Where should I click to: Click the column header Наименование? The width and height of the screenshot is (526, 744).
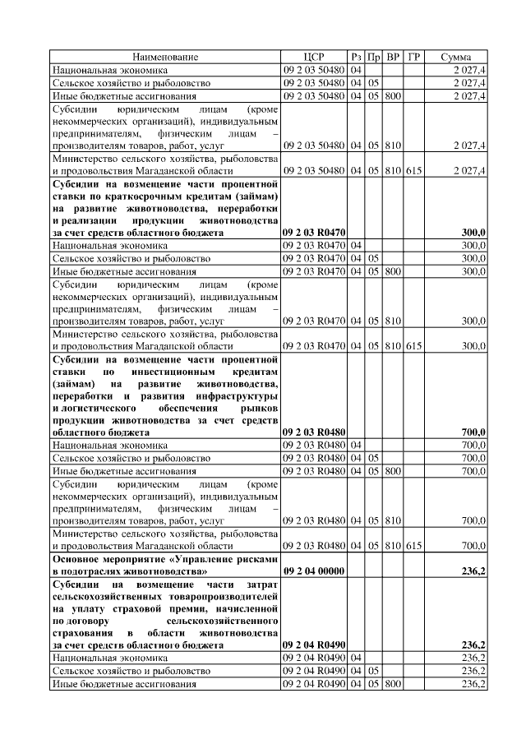coord(165,57)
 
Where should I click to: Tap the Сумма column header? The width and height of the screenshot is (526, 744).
coord(455,57)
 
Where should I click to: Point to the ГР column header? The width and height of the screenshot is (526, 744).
coord(414,57)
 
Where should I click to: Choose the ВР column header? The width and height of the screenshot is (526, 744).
coord(393,57)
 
